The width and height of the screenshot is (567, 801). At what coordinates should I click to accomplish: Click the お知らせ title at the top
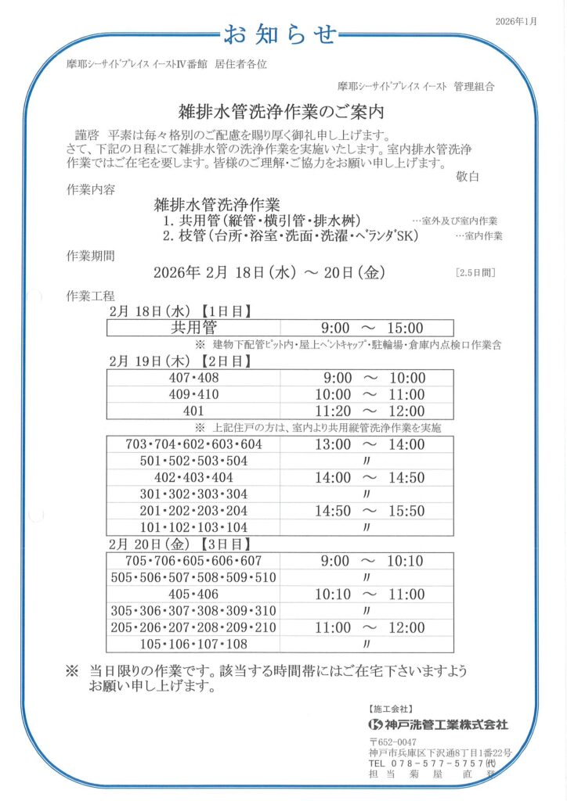[x=280, y=34]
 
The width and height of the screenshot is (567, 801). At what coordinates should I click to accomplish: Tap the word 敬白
[x=468, y=178]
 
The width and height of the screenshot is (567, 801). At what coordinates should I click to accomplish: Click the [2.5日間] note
[x=475, y=273]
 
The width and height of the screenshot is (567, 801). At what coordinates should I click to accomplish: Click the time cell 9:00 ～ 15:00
[x=371, y=329]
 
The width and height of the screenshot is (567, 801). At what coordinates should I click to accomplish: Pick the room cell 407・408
[x=193, y=378]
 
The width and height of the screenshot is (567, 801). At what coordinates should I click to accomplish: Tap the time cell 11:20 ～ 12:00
[x=370, y=411]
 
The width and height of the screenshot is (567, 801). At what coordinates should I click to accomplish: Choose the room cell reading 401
[x=193, y=411]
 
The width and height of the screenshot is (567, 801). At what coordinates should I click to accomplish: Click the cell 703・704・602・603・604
[x=193, y=444]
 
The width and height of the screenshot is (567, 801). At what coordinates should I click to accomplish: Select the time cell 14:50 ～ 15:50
[x=370, y=511]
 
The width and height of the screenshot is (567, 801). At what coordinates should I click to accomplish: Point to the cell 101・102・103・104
[x=193, y=528]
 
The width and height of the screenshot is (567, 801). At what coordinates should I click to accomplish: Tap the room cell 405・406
[x=193, y=594]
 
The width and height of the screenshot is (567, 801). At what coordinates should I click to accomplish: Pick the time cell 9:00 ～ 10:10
[x=370, y=561]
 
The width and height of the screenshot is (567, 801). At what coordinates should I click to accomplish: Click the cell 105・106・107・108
[x=193, y=645]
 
